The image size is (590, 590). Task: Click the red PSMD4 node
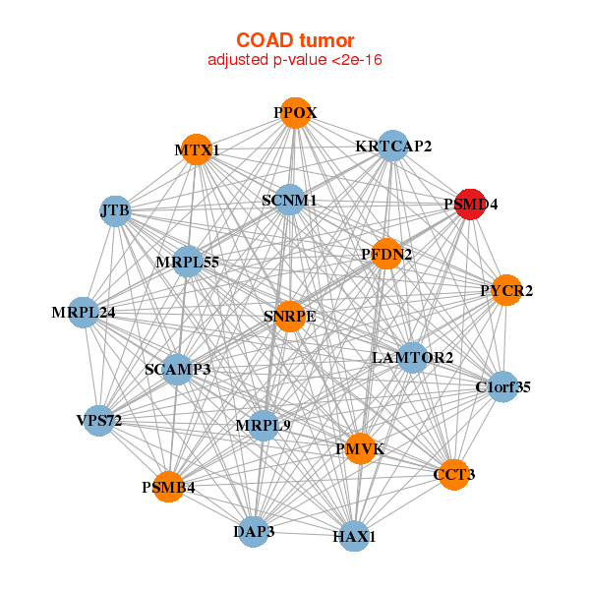470,205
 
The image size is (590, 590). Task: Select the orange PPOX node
295,113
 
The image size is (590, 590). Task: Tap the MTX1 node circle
197,149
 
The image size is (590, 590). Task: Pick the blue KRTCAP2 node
392,146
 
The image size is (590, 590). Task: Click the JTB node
115,211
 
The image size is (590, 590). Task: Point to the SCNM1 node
290,200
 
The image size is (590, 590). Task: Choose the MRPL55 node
187,262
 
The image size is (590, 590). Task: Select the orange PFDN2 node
386,254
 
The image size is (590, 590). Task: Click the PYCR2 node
506,290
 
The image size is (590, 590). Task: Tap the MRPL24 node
84,313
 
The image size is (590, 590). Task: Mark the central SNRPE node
290,317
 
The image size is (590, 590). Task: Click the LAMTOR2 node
412,358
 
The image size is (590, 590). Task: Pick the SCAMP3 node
178,370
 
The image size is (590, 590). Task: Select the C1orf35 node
503,386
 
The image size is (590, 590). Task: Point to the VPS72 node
99,421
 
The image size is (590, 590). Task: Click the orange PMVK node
360,448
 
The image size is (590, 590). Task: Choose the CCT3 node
454,475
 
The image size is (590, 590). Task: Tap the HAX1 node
354,536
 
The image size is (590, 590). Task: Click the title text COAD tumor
295,40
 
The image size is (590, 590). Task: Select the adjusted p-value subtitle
295,60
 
